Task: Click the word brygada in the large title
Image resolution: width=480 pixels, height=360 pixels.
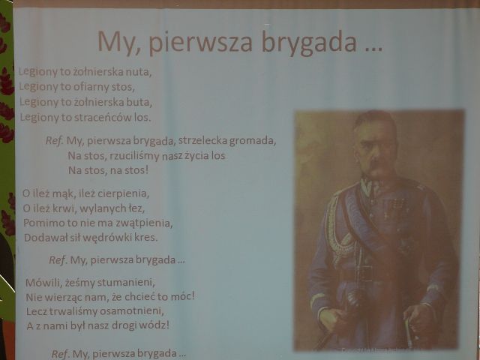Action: [x=309, y=42]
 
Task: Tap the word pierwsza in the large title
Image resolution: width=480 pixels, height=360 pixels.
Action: [x=201, y=42]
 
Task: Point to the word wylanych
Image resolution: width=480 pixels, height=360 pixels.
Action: [x=99, y=208]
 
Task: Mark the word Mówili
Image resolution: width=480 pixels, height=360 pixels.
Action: [x=43, y=282]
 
